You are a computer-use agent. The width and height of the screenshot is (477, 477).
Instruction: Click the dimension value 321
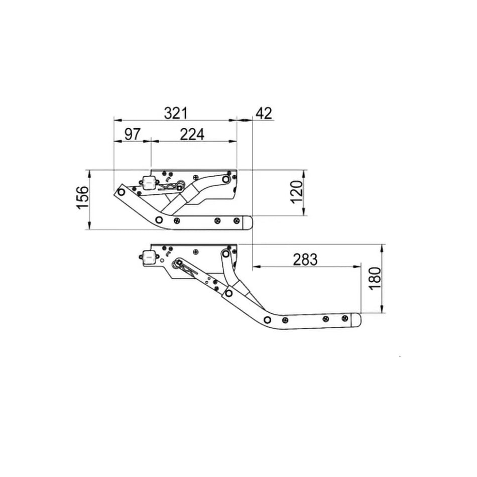pyautogui.click(x=175, y=113)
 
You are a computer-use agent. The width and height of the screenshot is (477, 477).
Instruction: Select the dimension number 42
pyautogui.click(x=264, y=113)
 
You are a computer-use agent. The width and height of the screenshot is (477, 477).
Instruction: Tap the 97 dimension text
pyautogui.click(x=132, y=135)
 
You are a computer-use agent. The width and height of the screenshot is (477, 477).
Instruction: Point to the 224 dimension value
pyautogui.click(x=192, y=135)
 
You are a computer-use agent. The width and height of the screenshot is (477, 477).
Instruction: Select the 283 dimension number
pyautogui.click(x=305, y=260)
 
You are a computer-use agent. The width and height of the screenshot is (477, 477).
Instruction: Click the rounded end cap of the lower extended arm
pyautogui.click(x=356, y=320)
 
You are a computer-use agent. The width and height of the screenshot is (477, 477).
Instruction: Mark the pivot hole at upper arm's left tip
pyautogui.click(x=121, y=192)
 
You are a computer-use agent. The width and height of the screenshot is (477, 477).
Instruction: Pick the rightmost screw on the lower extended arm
pyautogui.click(x=344, y=318)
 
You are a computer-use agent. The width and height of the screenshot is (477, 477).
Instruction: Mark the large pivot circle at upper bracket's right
pyautogui.click(x=226, y=178)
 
